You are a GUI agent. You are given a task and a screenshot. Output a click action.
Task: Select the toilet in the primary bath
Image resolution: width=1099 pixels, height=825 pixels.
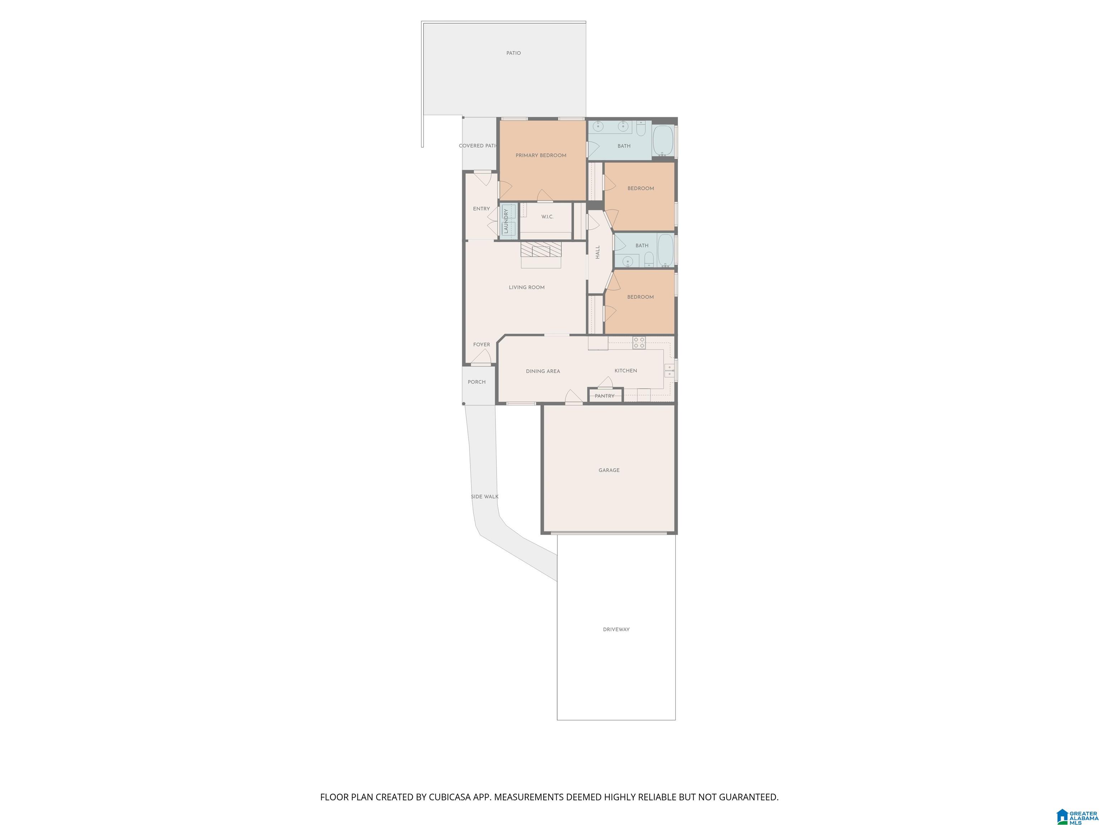point(641,129)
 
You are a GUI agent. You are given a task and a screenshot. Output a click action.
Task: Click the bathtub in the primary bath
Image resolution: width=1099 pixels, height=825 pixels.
point(663,141)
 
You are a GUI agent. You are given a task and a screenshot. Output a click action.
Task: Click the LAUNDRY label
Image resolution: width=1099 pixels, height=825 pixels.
point(506,221)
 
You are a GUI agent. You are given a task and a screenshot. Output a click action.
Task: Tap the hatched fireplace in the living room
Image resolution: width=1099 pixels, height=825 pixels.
point(541,249)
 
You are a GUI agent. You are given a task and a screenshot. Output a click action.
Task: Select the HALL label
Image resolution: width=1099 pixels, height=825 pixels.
point(598,252)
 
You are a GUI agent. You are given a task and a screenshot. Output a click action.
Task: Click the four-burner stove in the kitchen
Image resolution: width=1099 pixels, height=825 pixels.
point(639,342)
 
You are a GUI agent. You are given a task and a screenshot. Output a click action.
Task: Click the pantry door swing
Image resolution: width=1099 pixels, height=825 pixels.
point(606,382)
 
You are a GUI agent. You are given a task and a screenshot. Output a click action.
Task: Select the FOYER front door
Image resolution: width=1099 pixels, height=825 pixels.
point(481,357)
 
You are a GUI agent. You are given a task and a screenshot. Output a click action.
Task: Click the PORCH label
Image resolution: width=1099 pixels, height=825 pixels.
point(477,382)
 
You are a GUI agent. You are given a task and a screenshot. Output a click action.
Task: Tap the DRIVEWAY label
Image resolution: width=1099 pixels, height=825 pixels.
point(616,629)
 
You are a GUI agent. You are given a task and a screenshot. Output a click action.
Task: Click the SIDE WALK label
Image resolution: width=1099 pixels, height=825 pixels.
point(484,497)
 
